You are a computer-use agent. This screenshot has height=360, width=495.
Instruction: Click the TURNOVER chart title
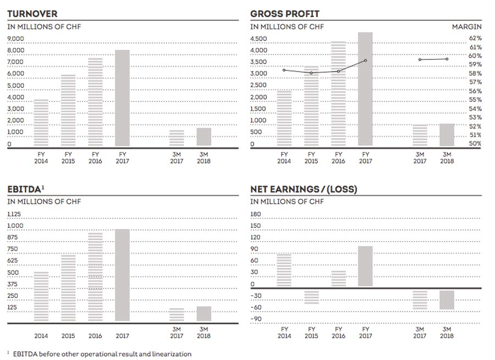(x=32, y=14)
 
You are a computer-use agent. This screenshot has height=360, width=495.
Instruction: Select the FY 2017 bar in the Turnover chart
(x=123, y=98)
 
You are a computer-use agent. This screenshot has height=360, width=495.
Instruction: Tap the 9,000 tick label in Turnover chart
(x=16, y=39)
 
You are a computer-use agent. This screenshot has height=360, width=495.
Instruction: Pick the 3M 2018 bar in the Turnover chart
(x=204, y=137)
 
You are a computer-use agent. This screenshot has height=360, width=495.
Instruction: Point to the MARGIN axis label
(x=466, y=26)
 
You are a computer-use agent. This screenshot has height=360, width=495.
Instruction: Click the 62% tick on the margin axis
(x=475, y=39)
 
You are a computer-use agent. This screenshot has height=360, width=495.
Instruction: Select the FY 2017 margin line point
(x=365, y=61)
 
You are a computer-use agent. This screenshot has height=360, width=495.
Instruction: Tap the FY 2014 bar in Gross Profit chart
(x=284, y=118)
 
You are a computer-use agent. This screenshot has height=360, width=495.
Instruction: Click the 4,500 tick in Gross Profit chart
(x=258, y=39)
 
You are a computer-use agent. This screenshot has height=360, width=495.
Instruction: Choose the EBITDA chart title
(x=23, y=189)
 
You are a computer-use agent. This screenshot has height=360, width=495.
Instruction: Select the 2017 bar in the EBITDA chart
(x=123, y=275)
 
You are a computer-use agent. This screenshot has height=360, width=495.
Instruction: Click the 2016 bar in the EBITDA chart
(x=96, y=277)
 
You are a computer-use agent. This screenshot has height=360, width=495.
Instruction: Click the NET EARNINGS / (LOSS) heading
(x=303, y=189)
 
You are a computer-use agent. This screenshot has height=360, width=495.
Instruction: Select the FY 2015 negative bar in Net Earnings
(x=311, y=297)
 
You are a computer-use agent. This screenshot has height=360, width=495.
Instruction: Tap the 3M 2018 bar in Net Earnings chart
(x=447, y=300)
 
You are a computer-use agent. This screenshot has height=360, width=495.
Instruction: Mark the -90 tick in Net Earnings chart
(x=256, y=319)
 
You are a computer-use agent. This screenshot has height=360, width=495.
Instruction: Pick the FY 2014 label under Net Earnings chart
(x=284, y=332)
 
